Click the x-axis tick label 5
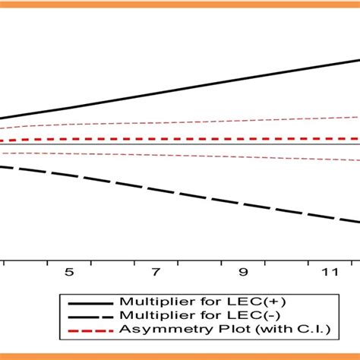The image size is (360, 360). point(69,273)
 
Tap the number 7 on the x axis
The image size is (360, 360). point(156,273)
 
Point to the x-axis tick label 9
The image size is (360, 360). point(243,273)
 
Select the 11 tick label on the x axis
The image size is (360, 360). point(329,273)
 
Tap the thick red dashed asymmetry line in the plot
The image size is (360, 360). point(190,139)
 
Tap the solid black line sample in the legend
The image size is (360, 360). point(89,302)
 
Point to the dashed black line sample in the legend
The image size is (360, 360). point(89,315)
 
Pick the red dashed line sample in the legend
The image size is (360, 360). point(89,329)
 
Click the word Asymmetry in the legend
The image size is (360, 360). point(151,329)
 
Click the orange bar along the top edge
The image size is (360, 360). point(180,5)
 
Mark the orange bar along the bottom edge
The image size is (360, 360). point(180,355)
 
